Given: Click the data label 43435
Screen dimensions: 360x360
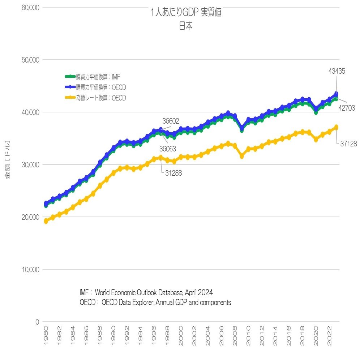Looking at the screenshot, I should (337, 71).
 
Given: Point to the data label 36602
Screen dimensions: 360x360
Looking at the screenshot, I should (171, 121).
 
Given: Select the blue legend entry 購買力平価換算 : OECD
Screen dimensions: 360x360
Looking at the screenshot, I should (101, 87).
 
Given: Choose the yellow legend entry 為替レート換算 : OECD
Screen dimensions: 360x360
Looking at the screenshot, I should (101, 98).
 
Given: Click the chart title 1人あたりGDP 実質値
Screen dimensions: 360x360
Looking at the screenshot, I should (186, 13).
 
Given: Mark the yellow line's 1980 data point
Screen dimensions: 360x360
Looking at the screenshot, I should (46, 221).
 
